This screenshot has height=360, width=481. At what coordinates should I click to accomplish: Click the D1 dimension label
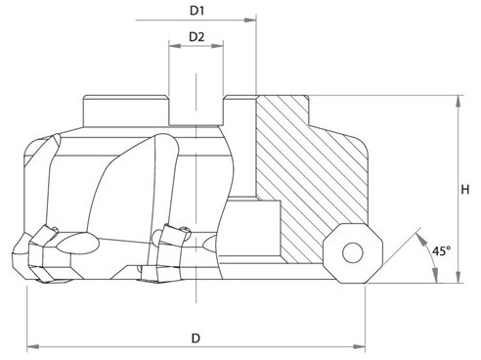pyautogui.click(x=197, y=11)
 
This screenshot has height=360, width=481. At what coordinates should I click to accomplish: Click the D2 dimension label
pyautogui.click(x=197, y=37)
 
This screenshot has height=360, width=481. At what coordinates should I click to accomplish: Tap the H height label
pyautogui.click(x=465, y=189)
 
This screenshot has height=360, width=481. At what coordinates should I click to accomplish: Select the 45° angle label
pyautogui.click(x=442, y=251)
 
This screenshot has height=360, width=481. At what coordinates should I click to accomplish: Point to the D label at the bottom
pyautogui.click(x=196, y=338)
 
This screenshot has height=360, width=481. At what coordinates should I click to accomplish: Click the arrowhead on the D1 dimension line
pyautogui.click(x=250, y=21)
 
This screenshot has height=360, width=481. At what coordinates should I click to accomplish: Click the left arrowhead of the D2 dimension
pyautogui.click(x=175, y=46)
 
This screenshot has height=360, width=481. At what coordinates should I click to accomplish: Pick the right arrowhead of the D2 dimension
pyautogui.click(x=217, y=46)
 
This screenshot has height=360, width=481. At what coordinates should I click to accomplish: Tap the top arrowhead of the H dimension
pyautogui.click(x=459, y=102)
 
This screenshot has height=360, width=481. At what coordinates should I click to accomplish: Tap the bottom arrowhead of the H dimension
pyautogui.click(x=459, y=277)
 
